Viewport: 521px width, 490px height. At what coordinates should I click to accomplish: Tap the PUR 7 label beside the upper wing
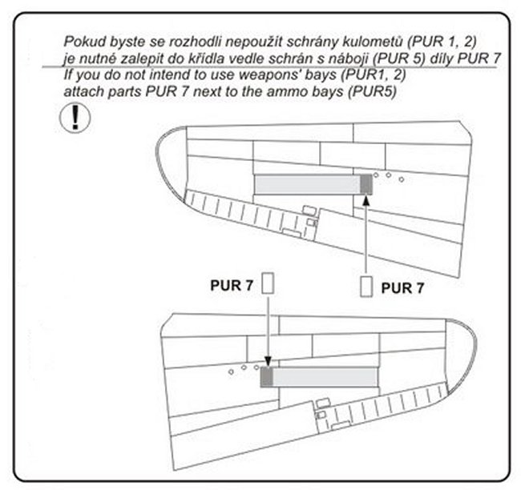tap(402, 288)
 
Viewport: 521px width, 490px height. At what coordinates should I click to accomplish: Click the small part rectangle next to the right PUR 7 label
tap(366, 287)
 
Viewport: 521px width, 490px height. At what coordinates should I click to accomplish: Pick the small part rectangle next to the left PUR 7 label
tap(269, 283)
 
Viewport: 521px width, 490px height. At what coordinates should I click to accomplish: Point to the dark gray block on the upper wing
tap(366, 185)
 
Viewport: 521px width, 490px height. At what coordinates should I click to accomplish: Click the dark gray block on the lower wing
tap(267, 377)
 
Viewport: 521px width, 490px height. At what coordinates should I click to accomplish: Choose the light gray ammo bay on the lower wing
tap(325, 377)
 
